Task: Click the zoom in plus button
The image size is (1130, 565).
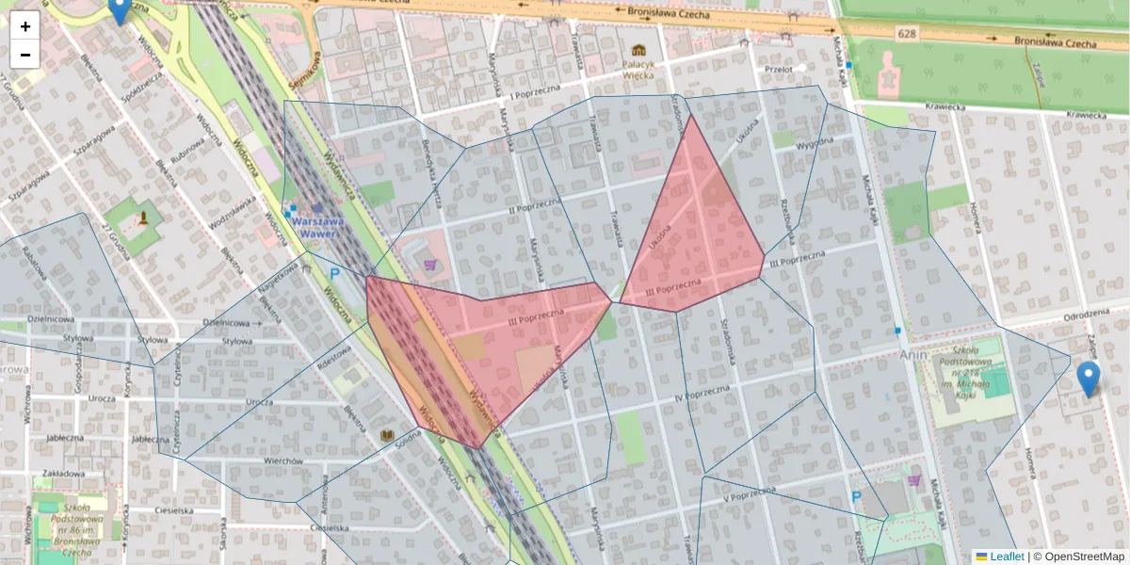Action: pos(25,26)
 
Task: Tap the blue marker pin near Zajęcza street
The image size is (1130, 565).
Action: pos(1088,379)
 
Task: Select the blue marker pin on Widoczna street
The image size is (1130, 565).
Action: pos(119,9)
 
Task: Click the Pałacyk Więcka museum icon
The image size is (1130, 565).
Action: pos(639,49)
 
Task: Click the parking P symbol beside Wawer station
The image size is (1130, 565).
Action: pos(334,274)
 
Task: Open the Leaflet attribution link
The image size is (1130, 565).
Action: pos(1006,557)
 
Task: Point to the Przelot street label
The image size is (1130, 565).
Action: pos(779,70)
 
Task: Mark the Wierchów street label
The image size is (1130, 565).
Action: pos(282,461)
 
